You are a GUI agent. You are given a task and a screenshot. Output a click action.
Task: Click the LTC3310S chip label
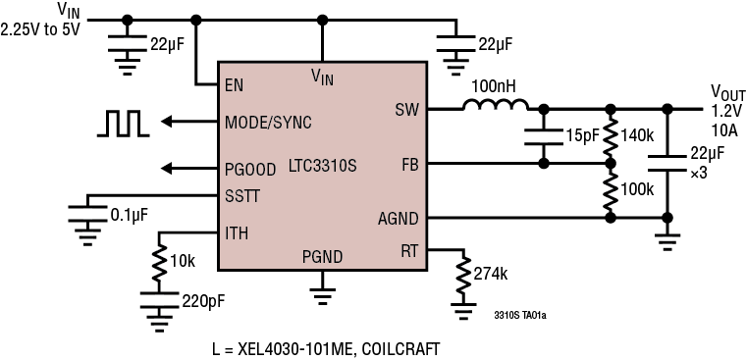(322, 166)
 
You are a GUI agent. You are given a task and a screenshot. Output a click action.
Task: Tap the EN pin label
(234, 85)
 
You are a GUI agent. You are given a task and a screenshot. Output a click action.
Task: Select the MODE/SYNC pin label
(269, 123)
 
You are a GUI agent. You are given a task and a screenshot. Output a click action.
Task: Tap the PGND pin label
(322, 257)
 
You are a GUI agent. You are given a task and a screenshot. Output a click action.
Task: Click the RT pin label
(409, 249)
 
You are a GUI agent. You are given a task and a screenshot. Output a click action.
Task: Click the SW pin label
(406, 108)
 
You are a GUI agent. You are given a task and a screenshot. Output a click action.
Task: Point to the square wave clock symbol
(123, 122)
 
